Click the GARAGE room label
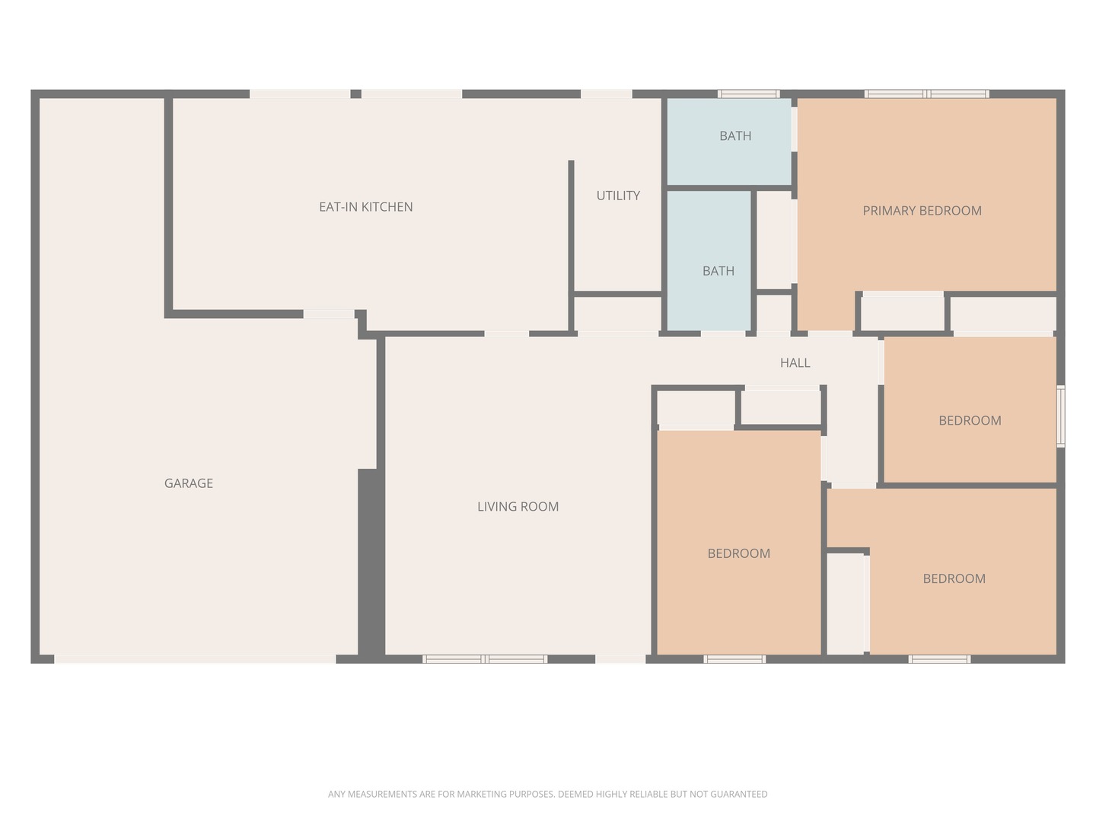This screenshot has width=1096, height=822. pyautogui.click(x=188, y=483)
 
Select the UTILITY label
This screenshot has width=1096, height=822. pyautogui.click(x=618, y=196)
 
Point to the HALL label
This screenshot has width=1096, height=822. pyautogui.click(x=795, y=363)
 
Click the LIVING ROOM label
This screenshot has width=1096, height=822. pyautogui.click(x=518, y=507)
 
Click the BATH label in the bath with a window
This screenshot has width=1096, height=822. pyautogui.click(x=735, y=135)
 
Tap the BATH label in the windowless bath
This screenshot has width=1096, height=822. pyautogui.click(x=718, y=271)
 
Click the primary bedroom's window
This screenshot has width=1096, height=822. pyautogui.click(x=926, y=94)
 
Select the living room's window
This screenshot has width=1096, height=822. pyautogui.click(x=485, y=659)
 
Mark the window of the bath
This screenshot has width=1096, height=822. pyautogui.click(x=748, y=94)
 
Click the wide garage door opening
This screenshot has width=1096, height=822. pyautogui.click(x=195, y=659)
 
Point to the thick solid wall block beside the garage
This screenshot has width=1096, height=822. pyautogui.click(x=371, y=566)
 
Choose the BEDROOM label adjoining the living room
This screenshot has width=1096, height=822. pyautogui.click(x=738, y=553)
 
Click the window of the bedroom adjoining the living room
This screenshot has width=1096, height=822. pyautogui.click(x=734, y=659)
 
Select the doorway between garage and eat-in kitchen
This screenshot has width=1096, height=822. pyautogui.click(x=329, y=314)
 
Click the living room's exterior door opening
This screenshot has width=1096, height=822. pyautogui.click(x=620, y=659)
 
